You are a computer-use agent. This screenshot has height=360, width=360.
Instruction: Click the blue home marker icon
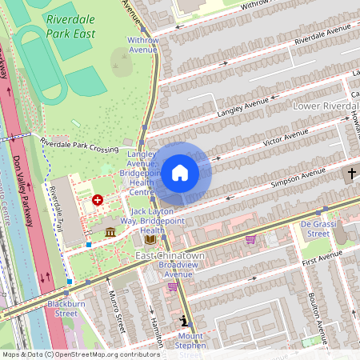(x=180, y=173)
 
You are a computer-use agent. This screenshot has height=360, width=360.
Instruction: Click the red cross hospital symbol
(x=98, y=199)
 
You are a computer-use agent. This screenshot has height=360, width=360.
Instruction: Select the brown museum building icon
(x=110, y=231)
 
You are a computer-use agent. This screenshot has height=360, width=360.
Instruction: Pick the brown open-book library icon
(x=150, y=238)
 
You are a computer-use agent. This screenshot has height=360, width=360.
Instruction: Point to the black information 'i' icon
(x=185, y=321)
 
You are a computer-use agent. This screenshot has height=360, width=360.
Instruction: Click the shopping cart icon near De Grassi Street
(x=250, y=238)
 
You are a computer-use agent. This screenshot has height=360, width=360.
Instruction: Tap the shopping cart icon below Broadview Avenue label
(x=173, y=286)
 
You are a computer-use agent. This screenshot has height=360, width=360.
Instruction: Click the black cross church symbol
(x=351, y=174)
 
